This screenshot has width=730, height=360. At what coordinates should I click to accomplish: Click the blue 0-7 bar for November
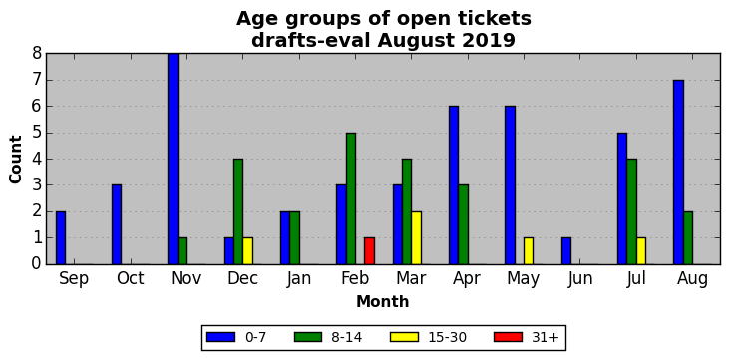point(174,159)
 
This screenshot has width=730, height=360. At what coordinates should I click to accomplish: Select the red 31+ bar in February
point(369,251)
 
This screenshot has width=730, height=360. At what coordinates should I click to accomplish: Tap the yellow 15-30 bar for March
point(416,238)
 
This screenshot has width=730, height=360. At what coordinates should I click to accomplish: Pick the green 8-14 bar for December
point(238,211)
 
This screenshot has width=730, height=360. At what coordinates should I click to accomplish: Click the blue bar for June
point(566,251)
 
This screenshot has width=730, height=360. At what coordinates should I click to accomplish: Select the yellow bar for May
point(529,251)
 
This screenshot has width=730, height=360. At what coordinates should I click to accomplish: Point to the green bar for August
point(688,238)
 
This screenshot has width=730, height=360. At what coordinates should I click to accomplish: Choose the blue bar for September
point(61,238)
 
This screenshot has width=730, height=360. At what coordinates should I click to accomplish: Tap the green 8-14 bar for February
point(351,198)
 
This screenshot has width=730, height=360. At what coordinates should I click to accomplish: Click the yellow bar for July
point(641,251)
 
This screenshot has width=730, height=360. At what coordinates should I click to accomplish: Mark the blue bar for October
point(117,225)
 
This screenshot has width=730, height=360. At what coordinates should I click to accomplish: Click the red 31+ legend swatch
point(509,337)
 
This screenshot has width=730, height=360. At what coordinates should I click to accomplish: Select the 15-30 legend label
point(448,338)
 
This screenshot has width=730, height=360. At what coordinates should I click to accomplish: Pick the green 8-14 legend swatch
point(308,337)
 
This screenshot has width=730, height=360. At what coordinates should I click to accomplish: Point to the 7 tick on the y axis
point(36,80)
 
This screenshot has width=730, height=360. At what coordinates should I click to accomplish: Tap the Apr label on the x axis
point(467,278)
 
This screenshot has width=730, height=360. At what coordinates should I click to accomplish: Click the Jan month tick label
point(299,278)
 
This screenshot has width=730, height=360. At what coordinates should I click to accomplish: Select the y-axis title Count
point(16,160)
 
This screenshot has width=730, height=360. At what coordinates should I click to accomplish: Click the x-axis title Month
point(383,302)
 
